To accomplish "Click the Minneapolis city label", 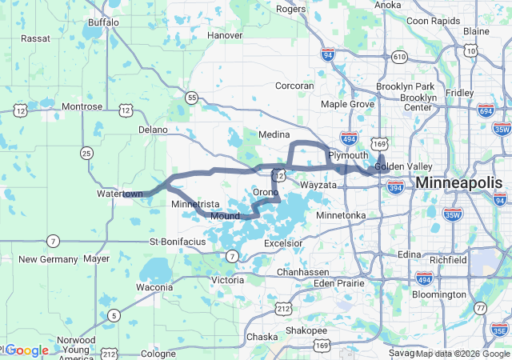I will (459, 183).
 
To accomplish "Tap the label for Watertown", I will (119, 194).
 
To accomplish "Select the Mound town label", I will (225, 216).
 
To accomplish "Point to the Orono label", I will (265, 193).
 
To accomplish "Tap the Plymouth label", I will (348, 154).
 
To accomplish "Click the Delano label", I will (153, 129).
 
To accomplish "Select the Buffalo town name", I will (102, 22).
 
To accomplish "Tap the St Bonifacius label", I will (178, 241).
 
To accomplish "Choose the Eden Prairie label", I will (338, 283).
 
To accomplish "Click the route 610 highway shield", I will (399, 57).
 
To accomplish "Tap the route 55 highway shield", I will (191, 98).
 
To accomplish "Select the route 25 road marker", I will (86, 152).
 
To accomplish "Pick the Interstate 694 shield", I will (483, 110).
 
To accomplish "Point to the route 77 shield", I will (480, 308).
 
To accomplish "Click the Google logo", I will (27, 350).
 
